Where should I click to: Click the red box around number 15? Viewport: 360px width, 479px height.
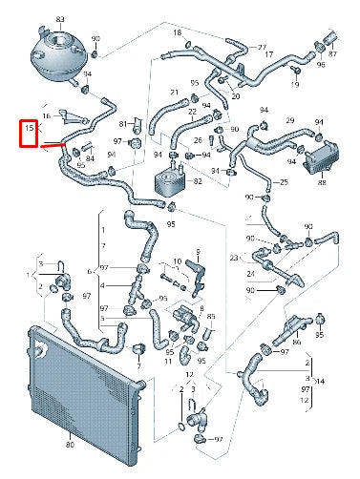tap(30, 133)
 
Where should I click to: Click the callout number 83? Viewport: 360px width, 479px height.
tap(60, 18)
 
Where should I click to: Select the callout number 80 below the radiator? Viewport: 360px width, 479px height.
tap(69, 446)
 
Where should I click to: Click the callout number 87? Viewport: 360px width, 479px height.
tap(332, 53)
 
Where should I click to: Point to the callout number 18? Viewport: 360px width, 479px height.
tap(177, 32)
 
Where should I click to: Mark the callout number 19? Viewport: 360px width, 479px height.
tap(294, 85)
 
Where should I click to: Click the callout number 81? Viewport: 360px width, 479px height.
tap(123, 124)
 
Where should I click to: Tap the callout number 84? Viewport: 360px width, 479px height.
tap(90, 159)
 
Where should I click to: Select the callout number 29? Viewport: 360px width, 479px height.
tap(290, 120)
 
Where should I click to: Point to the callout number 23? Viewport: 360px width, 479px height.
tap(233, 257)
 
